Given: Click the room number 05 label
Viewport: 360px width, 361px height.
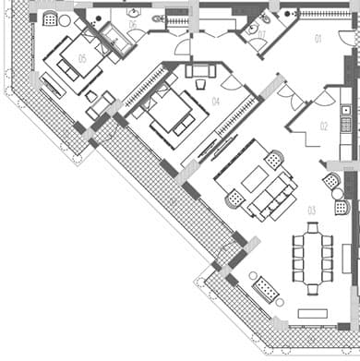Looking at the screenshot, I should (x=82, y=57).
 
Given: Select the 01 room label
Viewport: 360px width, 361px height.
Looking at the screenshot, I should (x=317, y=39).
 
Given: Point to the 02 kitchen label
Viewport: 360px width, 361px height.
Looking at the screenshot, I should (x=324, y=126).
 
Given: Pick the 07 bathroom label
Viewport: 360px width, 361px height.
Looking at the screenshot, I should (x=261, y=35).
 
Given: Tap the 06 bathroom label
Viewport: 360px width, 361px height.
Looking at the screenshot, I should (x=132, y=25).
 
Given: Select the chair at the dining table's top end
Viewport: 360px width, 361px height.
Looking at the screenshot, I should (x=312, y=226).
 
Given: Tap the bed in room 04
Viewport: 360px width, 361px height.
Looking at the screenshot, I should (x=170, y=111).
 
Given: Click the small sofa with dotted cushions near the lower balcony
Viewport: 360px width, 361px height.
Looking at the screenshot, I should (x=266, y=290).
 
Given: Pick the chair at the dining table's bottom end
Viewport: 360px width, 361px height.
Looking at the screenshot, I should (x=313, y=287).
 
